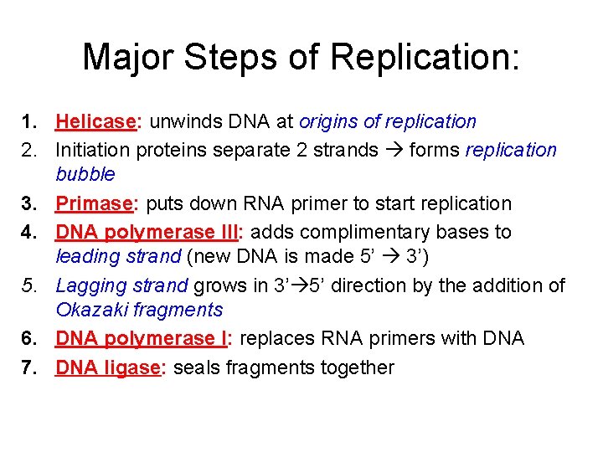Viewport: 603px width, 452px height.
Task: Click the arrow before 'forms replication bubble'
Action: tap(394, 150)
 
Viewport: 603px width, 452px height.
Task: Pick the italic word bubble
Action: tap(85, 174)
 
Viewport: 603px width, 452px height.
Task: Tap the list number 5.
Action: tap(28, 285)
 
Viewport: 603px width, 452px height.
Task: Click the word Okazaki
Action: tap(92, 310)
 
